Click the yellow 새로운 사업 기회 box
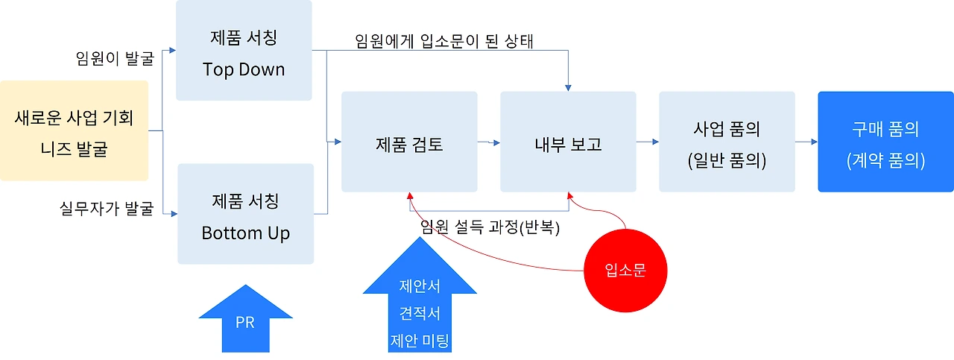coord(74,130)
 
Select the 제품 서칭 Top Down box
coord(244,50)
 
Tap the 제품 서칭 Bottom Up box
coord(245,214)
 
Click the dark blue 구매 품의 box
coord(885,142)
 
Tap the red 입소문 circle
coord(625,271)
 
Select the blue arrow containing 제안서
coord(420,306)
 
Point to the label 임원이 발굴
coord(114,57)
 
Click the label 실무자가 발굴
coord(106,208)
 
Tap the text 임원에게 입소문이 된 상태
coord(445,41)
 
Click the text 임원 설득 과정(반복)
coord(490,227)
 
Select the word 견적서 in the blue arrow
coord(420,314)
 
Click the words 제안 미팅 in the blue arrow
coord(420,341)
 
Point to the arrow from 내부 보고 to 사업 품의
coord(647,141)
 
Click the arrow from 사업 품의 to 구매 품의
coord(806,141)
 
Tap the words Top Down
coord(244,70)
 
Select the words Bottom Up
coord(245,233)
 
